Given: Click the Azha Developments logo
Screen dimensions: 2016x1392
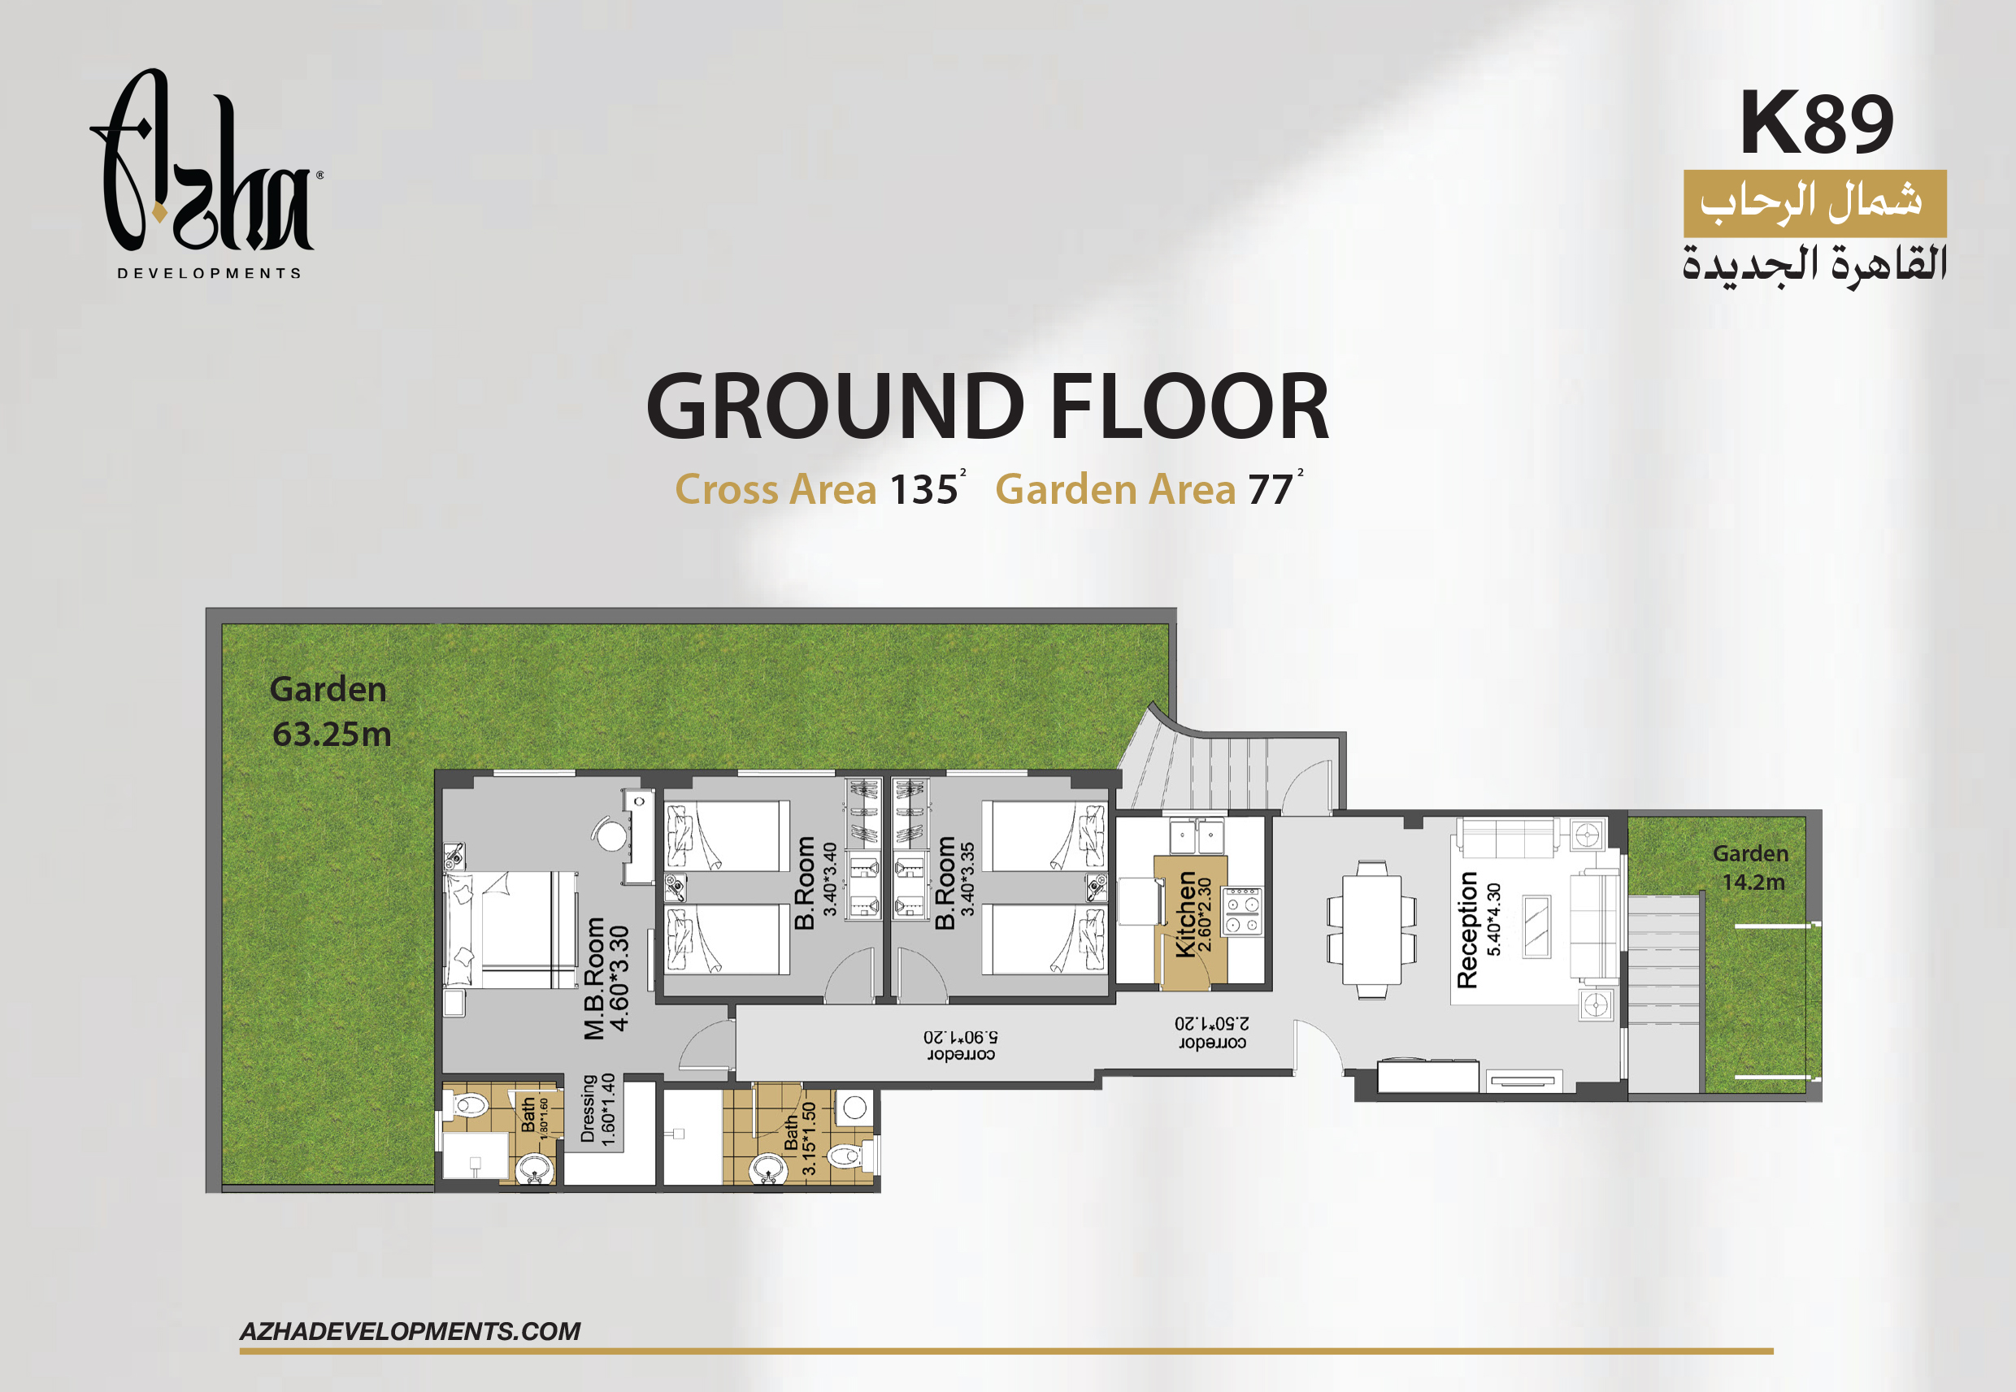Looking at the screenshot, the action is point(206,175).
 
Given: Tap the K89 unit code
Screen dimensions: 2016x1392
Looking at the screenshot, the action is point(1816,123).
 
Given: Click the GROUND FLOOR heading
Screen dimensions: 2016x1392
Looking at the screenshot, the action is point(988,406).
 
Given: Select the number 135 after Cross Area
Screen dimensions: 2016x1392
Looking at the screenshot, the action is point(923,489).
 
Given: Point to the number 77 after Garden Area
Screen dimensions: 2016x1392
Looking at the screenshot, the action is point(1270,489).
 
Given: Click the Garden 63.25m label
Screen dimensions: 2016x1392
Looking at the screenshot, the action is point(330,712).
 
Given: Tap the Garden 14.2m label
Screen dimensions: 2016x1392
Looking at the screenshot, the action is point(1751,867).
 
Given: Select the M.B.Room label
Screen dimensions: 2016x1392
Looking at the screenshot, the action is point(594,978).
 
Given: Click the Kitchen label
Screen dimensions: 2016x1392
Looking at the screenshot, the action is point(1185,914).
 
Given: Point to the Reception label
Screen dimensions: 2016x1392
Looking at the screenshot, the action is point(1467,930).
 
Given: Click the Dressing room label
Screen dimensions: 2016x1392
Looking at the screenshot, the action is point(588,1108).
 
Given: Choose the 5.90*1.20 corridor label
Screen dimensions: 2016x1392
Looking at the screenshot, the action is point(961,1046).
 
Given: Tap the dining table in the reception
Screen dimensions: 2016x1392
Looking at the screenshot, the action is point(1371,930).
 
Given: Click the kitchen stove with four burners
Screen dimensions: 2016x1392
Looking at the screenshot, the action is point(1242,911).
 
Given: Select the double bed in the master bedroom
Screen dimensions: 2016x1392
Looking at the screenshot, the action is point(511,930).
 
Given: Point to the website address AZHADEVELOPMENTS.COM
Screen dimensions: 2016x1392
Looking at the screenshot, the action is point(410,1331).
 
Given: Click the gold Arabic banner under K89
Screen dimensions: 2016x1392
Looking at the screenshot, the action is point(1814,203).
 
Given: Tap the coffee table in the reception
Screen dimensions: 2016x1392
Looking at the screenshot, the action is point(1537,926).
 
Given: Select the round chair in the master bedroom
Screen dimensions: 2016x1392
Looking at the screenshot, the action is point(610,834).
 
